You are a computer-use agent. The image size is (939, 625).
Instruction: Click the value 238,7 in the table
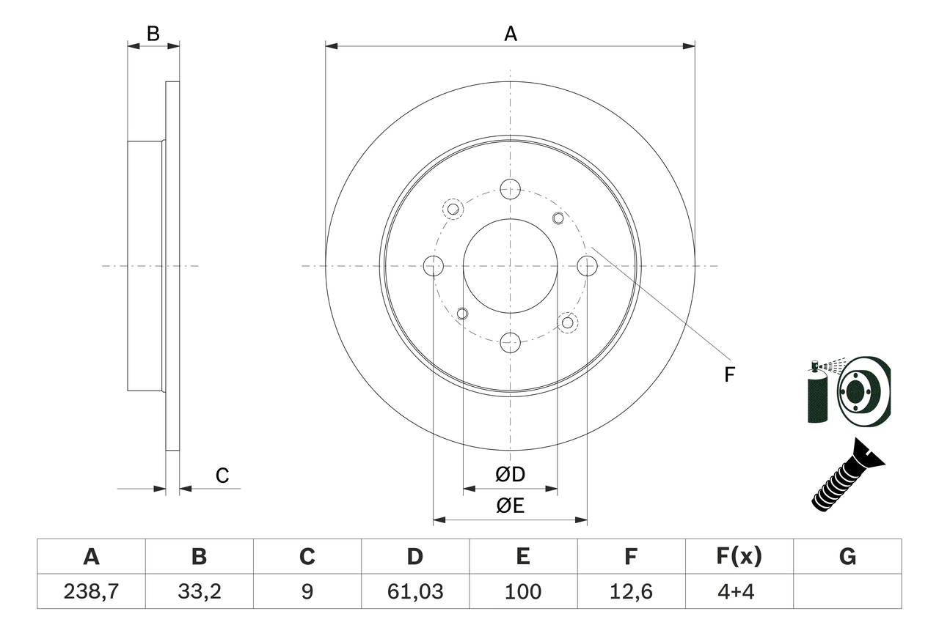(91, 591)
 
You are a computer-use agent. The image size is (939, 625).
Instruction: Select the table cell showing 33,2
(199, 591)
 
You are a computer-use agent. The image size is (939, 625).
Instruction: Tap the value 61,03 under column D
(414, 591)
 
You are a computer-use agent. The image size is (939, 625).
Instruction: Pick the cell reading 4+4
(739, 591)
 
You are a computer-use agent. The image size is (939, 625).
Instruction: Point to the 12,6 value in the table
(630, 591)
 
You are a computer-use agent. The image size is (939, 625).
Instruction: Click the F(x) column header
(739, 557)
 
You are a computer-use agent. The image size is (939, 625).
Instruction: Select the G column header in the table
(847, 557)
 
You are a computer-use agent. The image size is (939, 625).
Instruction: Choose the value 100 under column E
(522, 591)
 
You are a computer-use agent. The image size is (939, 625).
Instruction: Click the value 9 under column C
(307, 591)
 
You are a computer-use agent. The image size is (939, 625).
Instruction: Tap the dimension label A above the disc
(510, 34)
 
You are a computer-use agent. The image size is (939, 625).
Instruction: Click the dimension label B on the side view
(153, 33)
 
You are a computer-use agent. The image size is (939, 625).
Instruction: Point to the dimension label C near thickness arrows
(222, 476)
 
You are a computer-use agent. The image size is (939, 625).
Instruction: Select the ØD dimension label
(510, 475)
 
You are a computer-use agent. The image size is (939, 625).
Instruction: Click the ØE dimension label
(510, 506)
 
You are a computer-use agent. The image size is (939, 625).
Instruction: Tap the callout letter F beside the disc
(728, 375)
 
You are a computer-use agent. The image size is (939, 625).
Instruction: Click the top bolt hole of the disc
(510, 189)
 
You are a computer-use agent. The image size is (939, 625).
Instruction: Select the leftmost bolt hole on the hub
(434, 266)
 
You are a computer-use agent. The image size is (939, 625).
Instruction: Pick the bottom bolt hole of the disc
(510, 341)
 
